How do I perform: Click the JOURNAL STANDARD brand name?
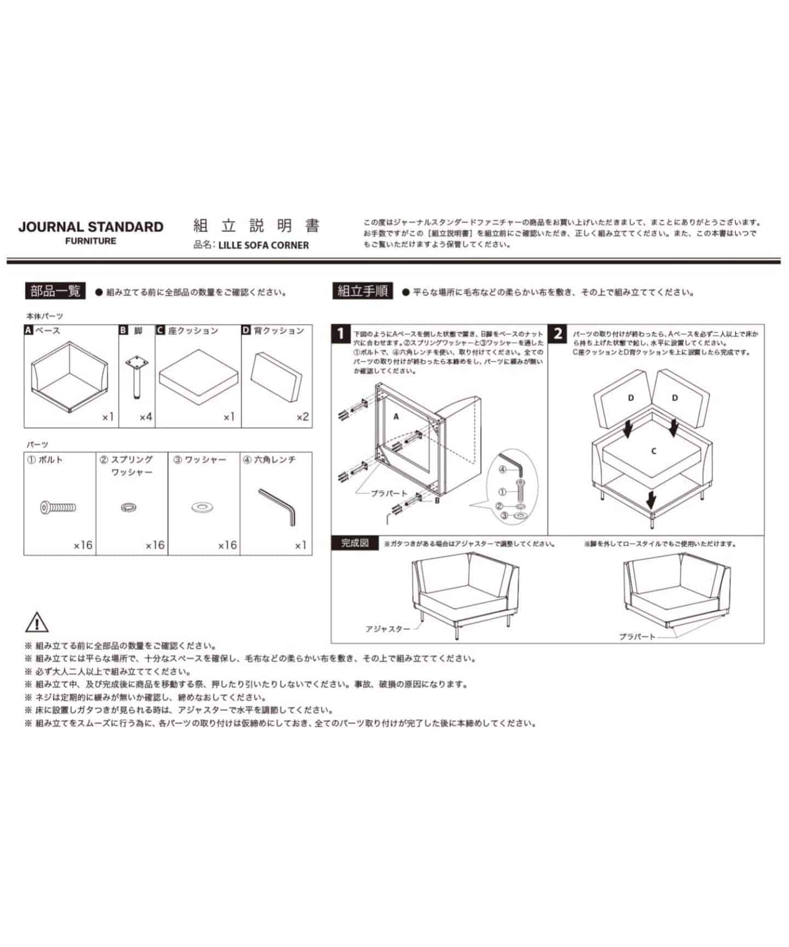point(91,227)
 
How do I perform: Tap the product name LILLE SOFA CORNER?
point(263,246)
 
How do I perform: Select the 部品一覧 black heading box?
point(55,291)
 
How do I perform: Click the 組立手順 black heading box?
point(362,291)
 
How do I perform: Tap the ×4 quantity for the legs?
point(145,417)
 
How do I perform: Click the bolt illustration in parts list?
point(58,507)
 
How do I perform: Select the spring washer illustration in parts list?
point(129,507)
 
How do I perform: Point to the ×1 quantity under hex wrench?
point(300,545)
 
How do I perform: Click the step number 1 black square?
point(341,333)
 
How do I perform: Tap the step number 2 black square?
point(558,333)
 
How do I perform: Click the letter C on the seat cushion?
point(654,451)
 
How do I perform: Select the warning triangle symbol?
point(37,623)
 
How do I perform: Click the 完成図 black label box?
point(355,543)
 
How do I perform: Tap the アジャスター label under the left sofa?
point(387,629)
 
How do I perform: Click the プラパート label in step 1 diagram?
point(389,493)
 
